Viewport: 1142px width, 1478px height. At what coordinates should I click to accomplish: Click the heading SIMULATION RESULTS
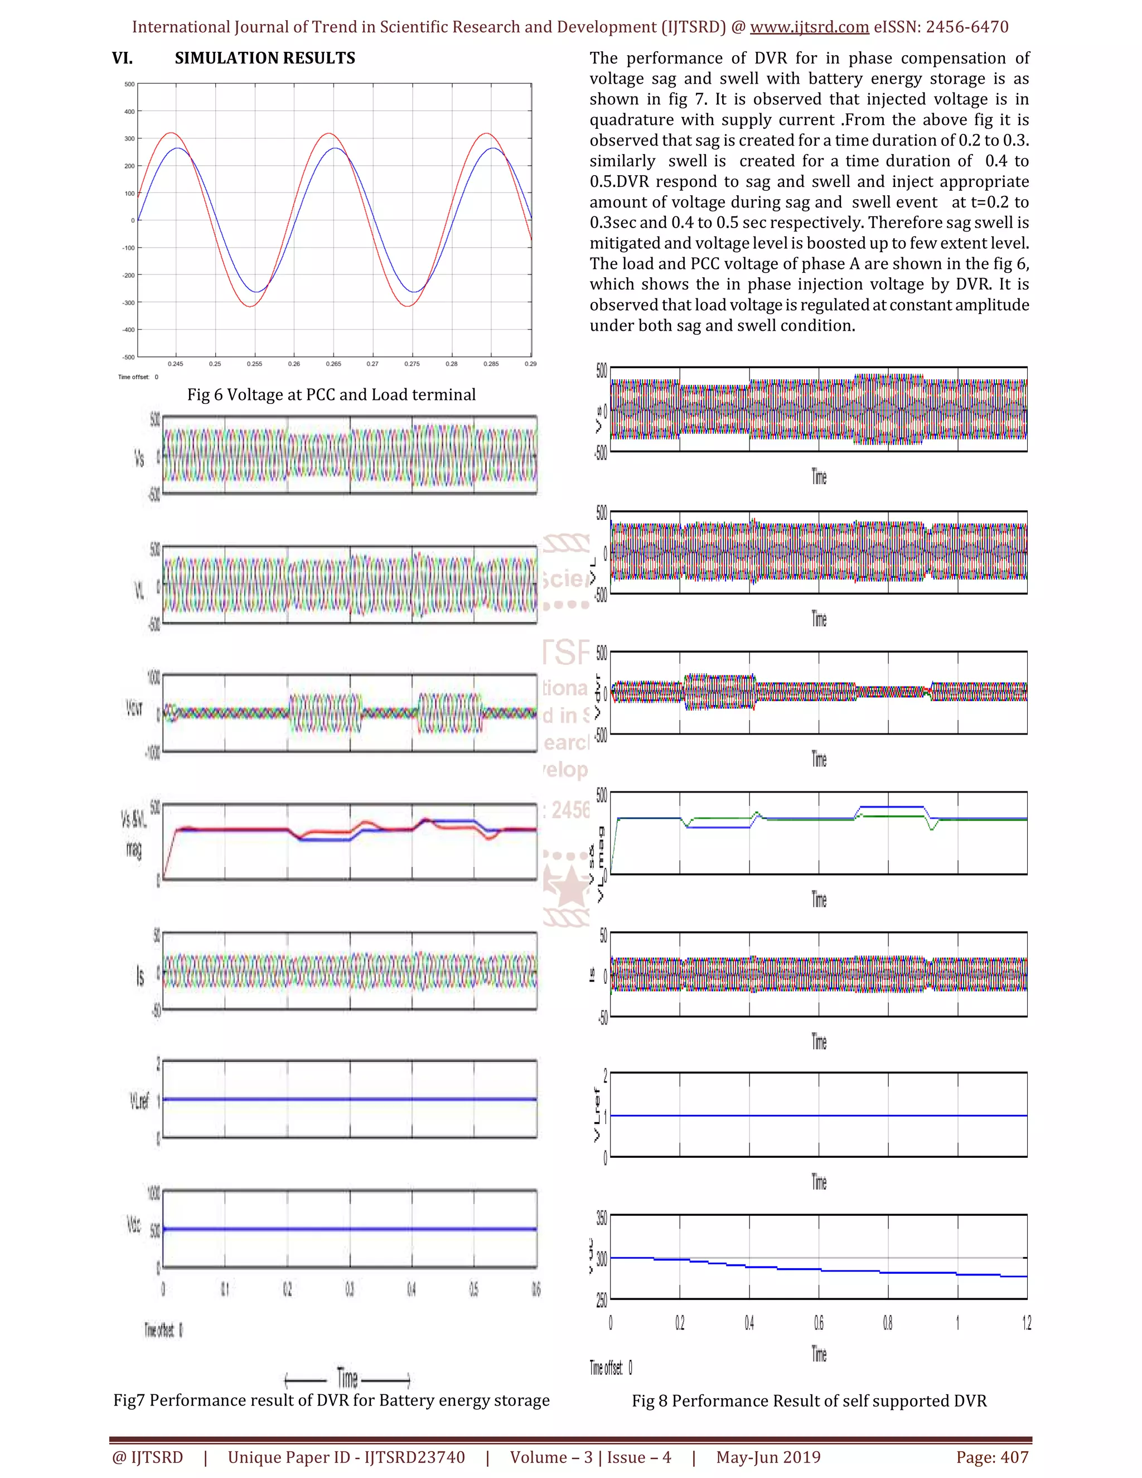point(264,58)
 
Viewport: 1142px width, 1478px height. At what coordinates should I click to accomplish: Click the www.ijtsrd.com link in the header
point(809,27)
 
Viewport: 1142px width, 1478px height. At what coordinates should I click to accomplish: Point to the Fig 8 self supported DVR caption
point(809,1401)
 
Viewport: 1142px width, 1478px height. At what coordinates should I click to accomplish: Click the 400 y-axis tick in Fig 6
point(129,112)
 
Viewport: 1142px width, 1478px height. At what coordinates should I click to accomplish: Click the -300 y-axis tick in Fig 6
point(129,302)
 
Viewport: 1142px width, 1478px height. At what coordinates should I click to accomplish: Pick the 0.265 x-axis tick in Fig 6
point(333,364)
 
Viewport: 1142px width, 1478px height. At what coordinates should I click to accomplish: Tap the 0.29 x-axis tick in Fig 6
point(530,364)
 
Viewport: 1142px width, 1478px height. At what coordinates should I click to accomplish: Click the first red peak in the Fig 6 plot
point(171,133)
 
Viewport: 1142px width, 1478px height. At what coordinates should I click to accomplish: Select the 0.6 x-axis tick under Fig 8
point(819,1322)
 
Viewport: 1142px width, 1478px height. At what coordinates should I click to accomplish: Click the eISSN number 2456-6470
point(967,27)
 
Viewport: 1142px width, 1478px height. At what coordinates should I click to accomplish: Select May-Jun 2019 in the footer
point(768,1457)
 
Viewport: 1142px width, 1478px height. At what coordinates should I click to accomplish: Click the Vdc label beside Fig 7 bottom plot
point(134,1224)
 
